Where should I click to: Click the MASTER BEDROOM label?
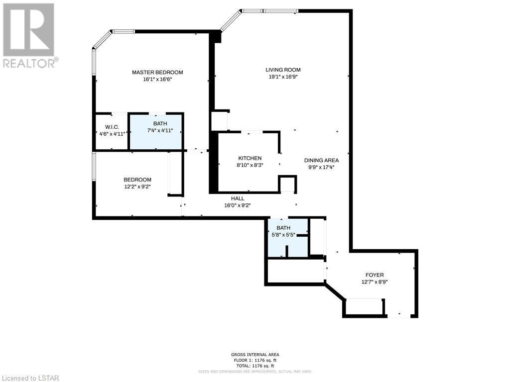point(157,72)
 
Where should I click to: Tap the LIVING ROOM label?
point(283,70)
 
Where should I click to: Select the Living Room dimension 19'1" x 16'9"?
point(282,77)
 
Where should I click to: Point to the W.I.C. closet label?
point(112,127)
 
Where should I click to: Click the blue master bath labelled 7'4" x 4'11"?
point(156,131)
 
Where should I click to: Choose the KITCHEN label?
point(250,158)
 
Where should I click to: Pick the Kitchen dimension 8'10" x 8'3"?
point(250,165)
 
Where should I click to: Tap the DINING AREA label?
point(321,160)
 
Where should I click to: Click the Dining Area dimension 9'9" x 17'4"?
point(321,167)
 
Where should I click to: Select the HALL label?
point(238,198)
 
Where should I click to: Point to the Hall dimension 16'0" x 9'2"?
point(238,205)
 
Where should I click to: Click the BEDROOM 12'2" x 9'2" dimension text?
point(137,187)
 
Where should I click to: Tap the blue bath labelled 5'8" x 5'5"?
point(287,238)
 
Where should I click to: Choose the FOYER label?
point(375,275)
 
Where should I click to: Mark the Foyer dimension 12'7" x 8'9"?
point(375,282)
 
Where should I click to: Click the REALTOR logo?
point(30,36)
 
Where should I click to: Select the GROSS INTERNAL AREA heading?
point(255,355)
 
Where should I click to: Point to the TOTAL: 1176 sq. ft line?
point(255,366)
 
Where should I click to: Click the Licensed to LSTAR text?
point(30,378)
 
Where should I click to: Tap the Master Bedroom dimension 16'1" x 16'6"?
point(157,79)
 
